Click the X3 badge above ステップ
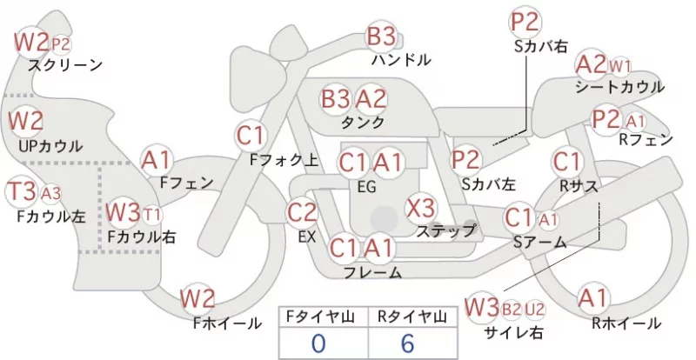click(420, 208)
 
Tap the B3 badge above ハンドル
click(382, 36)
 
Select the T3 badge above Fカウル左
click(23, 192)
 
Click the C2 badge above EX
click(302, 213)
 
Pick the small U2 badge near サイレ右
click(534, 309)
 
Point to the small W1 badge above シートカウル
click(619, 67)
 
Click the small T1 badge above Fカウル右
click(151, 215)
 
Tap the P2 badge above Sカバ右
click(525, 22)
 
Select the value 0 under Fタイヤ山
click(318, 343)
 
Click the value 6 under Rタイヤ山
click(407, 343)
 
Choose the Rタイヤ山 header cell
click(412, 317)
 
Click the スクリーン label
click(65, 66)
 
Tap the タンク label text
click(362, 123)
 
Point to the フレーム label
click(373, 272)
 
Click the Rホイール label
click(626, 323)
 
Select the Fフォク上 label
click(284, 160)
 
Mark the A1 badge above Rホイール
click(592, 298)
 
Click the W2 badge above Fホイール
click(197, 298)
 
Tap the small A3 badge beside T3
click(50, 194)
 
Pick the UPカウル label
click(50, 146)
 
